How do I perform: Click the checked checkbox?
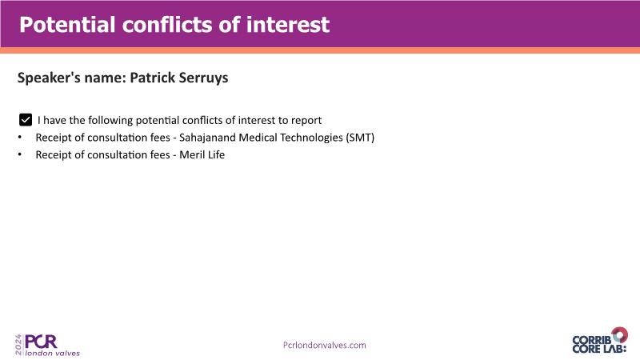pyautogui.click(x=26, y=120)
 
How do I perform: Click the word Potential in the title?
pyautogui.click(x=67, y=25)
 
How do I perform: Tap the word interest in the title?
pyautogui.click(x=288, y=25)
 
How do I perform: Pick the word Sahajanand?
pyautogui.click(x=207, y=138)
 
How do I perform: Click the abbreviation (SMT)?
pyautogui.click(x=360, y=138)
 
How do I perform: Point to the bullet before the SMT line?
pyautogui.click(x=20, y=138)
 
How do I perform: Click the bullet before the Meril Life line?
pyautogui.click(x=20, y=154)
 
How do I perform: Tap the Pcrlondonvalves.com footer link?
pyautogui.click(x=325, y=346)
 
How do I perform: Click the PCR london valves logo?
pyautogui.click(x=47, y=346)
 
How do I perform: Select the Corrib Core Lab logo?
pyautogui.click(x=599, y=341)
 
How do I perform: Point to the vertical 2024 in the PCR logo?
pyautogui.click(x=18, y=345)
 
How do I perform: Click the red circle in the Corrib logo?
pyautogui.click(x=619, y=334)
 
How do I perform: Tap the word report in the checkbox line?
pyautogui.click(x=306, y=121)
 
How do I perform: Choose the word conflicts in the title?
pyautogui.click(x=167, y=25)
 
